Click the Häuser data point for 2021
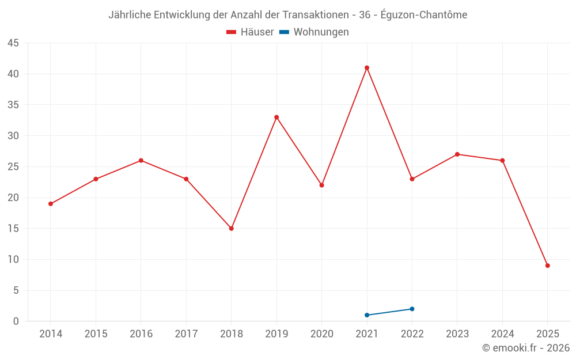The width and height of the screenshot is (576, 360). (x=367, y=68)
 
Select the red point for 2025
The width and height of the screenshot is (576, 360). (x=548, y=266)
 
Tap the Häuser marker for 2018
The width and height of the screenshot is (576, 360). (x=232, y=229)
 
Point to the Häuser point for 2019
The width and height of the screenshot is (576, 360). (x=276, y=118)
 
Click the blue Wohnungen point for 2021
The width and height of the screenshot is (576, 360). (x=367, y=315)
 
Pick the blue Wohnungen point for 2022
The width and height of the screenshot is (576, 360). (x=412, y=309)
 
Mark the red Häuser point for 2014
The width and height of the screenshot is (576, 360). (x=51, y=204)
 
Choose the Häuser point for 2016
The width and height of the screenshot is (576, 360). (x=141, y=161)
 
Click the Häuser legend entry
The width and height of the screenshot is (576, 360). (x=250, y=32)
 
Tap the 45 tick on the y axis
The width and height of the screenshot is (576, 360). (x=13, y=43)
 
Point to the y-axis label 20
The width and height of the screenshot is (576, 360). (x=13, y=198)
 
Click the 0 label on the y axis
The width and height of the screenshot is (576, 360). (x=16, y=321)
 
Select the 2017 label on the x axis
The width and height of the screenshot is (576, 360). (x=186, y=334)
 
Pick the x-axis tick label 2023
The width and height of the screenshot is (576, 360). (x=457, y=334)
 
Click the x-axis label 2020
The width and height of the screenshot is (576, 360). (x=322, y=334)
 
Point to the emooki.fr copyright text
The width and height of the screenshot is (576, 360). (x=526, y=348)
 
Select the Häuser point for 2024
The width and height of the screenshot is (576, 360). (x=502, y=161)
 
